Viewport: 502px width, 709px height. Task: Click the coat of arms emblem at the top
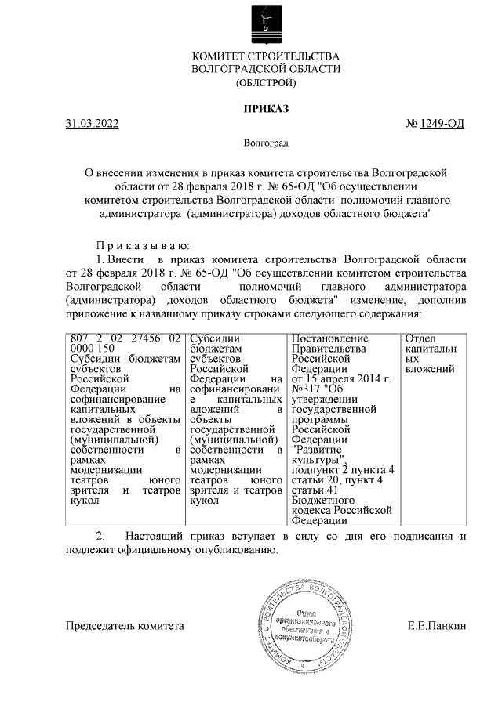[266, 24]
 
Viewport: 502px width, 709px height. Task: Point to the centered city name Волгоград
[266, 144]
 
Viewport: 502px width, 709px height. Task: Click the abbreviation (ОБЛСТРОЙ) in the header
[266, 82]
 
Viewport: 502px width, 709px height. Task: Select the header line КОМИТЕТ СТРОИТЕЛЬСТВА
[266, 56]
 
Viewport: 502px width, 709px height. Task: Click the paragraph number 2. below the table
[100, 537]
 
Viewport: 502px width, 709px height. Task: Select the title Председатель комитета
[125, 627]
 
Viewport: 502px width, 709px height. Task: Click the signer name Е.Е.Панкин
[437, 627]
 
